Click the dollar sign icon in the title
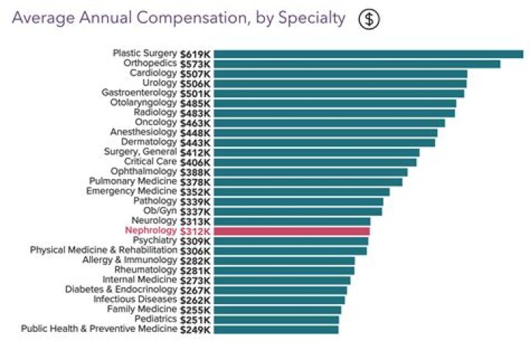click(x=369, y=19)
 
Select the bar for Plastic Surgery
click(x=368, y=54)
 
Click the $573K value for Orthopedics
click(x=196, y=64)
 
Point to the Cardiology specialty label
click(x=153, y=74)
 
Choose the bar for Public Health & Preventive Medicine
click(x=276, y=329)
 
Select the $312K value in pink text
click(x=196, y=231)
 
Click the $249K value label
click(x=196, y=329)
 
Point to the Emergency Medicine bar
click(x=301, y=191)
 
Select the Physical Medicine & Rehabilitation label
click(x=104, y=250)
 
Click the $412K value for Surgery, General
click(x=196, y=152)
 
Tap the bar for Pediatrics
click(x=277, y=320)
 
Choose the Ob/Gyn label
click(x=160, y=211)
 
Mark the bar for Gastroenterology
click(x=339, y=93)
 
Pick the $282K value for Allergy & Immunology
click(x=196, y=261)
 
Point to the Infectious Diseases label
click(x=135, y=300)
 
